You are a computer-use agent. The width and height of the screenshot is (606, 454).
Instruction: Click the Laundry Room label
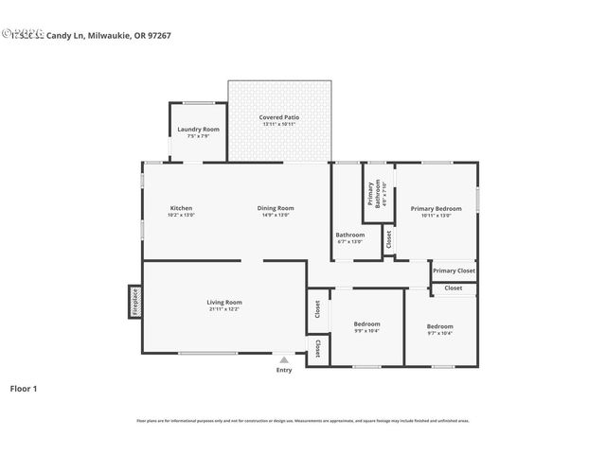(x=198, y=129)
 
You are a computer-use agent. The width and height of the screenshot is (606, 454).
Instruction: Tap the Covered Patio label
(x=279, y=116)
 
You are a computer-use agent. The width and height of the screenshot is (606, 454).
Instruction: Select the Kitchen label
(x=181, y=208)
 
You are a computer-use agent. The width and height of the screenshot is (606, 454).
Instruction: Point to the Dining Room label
(x=276, y=208)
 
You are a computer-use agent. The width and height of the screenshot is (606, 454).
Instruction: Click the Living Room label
(x=224, y=302)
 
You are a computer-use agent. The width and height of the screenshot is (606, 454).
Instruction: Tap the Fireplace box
(x=134, y=302)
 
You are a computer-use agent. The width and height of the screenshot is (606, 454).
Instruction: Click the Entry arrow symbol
(x=284, y=359)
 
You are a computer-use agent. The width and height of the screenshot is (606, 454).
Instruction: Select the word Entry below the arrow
(x=284, y=370)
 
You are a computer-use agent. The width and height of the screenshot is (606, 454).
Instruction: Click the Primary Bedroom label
(x=436, y=208)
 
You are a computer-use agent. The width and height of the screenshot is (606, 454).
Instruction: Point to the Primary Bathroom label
(x=374, y=193)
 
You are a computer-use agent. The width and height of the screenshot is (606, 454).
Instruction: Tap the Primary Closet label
(x=454, y=271)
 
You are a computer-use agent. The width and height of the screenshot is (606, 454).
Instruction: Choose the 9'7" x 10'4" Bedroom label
(x=439, y=326)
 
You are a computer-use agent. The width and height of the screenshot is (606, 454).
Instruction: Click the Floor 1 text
(x=24, y=389)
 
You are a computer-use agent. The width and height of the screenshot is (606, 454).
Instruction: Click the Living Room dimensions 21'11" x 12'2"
(x=224, y=308)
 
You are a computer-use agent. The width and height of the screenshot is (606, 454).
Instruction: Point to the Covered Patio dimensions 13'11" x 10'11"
(x=279, y=124)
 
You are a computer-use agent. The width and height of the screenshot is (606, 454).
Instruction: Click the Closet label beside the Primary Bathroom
(x=388, y=240)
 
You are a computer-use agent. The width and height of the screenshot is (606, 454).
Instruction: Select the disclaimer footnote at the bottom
(x=303, y=421)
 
